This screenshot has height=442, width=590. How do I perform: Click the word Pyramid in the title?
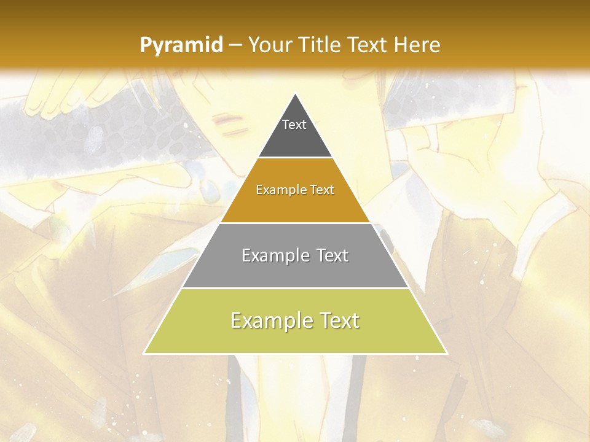pyautogui.click(x=181, y=45)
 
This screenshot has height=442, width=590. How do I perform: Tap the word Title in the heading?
pyautogui.click(x=322, y=45)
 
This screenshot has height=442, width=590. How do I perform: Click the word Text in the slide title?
pyautogui.click(x=368, y=45)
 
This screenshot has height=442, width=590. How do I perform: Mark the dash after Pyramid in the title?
pyautogui.click(x=235, y=45)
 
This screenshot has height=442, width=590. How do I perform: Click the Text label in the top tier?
pyautogui.click(x=294, y=125)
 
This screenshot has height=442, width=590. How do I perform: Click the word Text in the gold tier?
pyautogui.click(x=322, y=190)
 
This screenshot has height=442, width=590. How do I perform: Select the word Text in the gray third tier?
pyautogui.click(x=332, y=255)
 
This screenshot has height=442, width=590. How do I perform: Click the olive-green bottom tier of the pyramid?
pyautogui.click(x=295, y=338)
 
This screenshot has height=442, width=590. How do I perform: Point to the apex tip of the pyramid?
pyautogui.click(x=296, y=94)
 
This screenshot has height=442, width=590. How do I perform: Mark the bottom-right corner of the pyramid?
pyautogui.click(x=446, y=353)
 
